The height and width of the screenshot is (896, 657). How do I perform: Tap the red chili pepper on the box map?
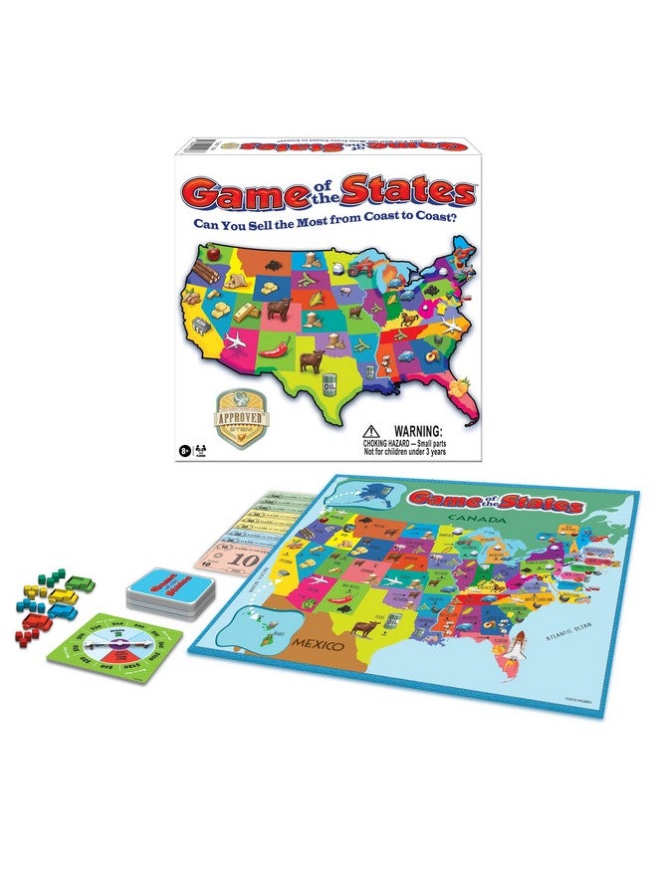(282, 347)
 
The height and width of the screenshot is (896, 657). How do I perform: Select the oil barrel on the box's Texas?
(330, 382)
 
